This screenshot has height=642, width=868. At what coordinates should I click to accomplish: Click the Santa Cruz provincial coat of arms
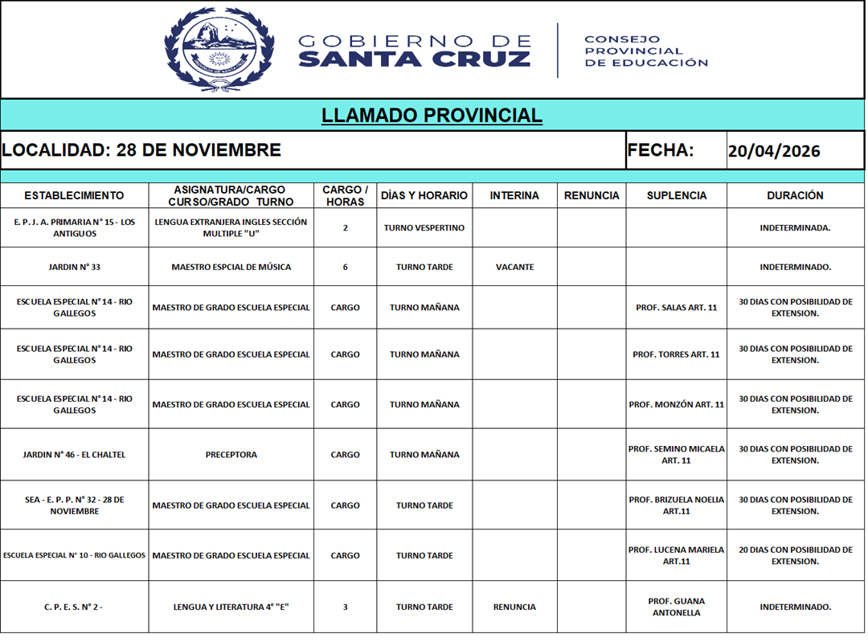pyautogui.click(x=219, y=49)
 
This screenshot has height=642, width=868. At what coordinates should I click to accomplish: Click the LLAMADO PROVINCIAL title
pyautogui.click(x=432, y=116)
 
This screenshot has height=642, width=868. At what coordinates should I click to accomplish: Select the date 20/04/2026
pyautogui.click(x=773, y=151)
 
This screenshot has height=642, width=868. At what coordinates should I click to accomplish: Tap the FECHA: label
pyautogui.click(x=660, y=150)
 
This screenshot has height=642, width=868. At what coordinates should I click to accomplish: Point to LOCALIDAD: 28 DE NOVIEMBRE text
pyautogui.click(x=141, y=150)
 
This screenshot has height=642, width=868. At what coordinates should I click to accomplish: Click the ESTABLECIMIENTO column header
pyautogui.click(x=74, y=195)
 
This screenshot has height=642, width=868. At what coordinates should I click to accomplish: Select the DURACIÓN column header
pyautogui.click(x=795, y=195)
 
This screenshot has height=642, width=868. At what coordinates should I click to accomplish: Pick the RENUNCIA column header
pyautogui.click(x=592, y=195)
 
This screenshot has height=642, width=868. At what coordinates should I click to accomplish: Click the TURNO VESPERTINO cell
pyautogui.click(x=424, y=227)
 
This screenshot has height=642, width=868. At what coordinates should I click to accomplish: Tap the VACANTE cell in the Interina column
pyautogui.click(x=514, y=267)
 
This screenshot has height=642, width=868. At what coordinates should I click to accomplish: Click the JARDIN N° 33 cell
pyautogui.click(x=74, y=267)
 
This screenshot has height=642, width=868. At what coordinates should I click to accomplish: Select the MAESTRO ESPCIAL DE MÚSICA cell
pyautogui.click(x=231, y=267)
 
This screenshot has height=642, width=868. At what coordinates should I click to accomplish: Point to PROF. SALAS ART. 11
pyautogui.click(x=676, y=308)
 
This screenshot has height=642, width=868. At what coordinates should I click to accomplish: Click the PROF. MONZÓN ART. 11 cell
pyautogui.click(x=676, y=405)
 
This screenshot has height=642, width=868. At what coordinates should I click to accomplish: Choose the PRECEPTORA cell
pyautogui.click(x=231, y=455)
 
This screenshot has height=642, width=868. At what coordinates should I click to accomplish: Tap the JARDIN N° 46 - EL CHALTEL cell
pyautogui.click(x=74, y=455)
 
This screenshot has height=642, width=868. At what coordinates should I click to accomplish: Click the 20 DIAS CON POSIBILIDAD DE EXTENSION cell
pyautogui.click(x=795, y=555)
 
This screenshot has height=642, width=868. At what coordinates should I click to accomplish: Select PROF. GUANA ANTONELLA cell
pyautogui.click(x=676, y=607)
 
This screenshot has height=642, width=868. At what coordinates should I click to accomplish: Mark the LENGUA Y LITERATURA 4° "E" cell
pyautogui.click(x=231, y=607)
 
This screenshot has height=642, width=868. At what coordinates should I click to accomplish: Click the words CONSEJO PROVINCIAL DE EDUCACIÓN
pyautogui.click(x=645, y=51)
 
